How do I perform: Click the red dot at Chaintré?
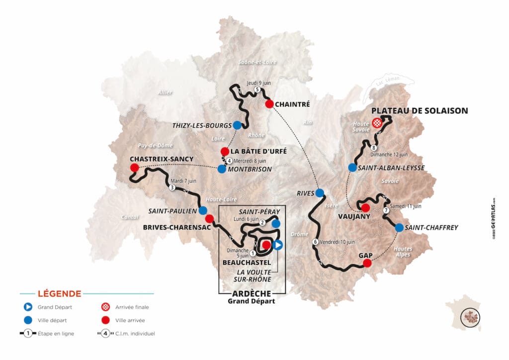(269, 104)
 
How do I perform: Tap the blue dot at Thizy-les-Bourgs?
(237, 125)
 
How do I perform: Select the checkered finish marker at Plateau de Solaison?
(378, 123)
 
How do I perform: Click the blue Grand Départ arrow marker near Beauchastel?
(278, 245)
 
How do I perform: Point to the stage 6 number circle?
(315, 242)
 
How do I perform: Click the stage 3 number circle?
(172, 188)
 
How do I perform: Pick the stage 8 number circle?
(373, 148)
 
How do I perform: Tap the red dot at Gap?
(367, 264)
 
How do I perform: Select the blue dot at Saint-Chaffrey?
(399, 228)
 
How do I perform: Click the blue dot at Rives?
(320, 192)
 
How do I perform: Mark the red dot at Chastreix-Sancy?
(134, 168)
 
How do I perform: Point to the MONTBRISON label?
(252, 169)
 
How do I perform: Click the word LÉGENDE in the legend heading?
(59, 294)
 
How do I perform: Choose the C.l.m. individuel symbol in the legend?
(104, 333)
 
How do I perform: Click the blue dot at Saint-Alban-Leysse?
(352, 168)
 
